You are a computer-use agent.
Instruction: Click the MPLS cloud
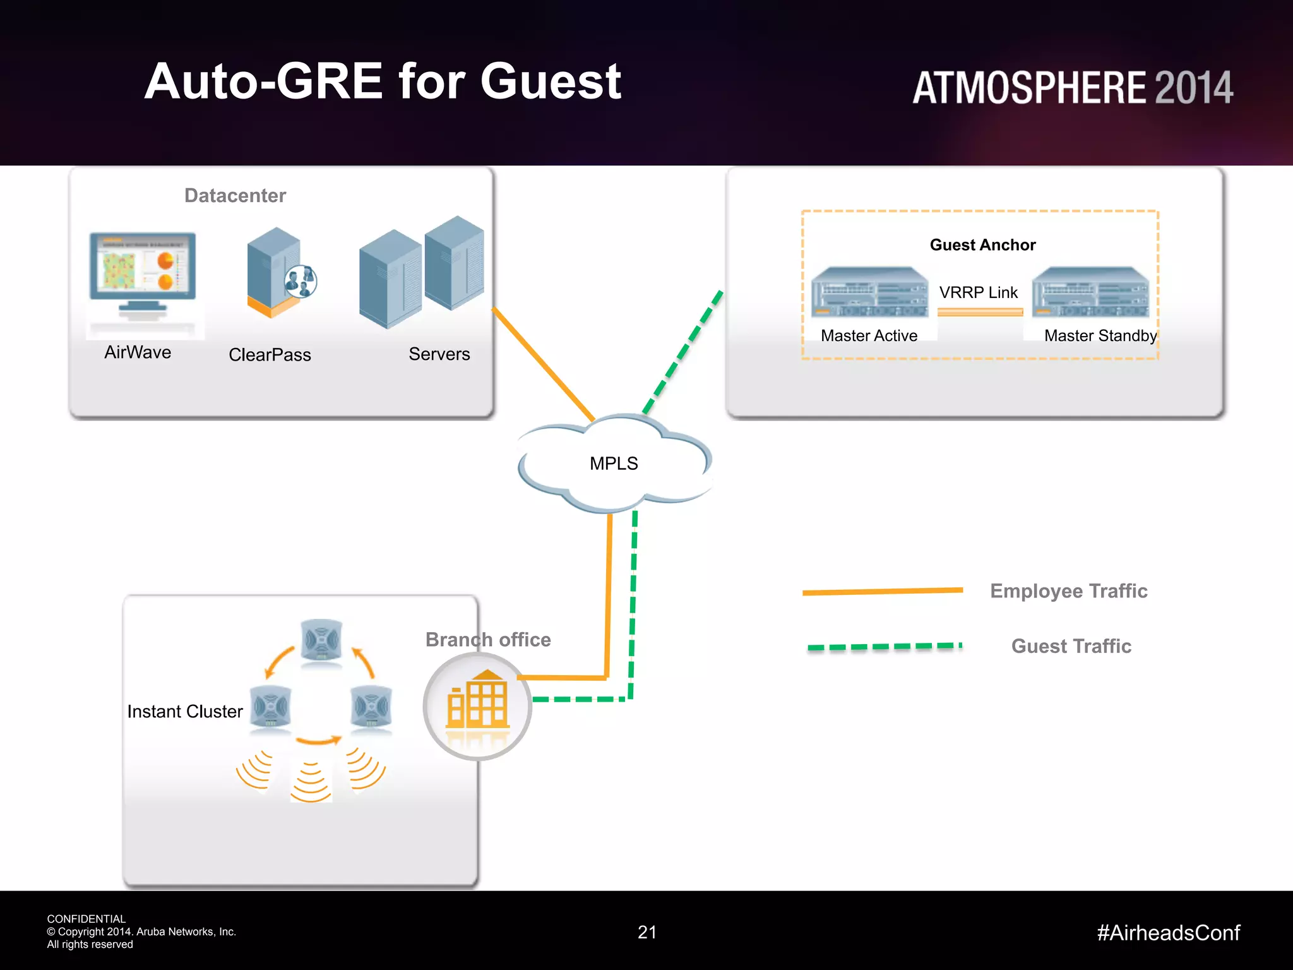[614, 464]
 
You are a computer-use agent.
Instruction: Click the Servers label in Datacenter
[439, 354]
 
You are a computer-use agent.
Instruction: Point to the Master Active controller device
[869, 292]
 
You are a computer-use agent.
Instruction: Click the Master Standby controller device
[1090, 292]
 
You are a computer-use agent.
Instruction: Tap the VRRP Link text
[978, 292]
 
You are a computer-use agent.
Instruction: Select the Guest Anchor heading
[982, 245]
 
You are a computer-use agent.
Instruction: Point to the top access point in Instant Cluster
[321, 640]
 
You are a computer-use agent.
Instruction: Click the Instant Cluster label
[185, 712]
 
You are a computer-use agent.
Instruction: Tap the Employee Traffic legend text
[1068, 591]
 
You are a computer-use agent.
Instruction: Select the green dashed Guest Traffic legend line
[884, 647]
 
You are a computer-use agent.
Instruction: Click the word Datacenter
[235, 196]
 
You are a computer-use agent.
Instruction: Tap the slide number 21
[647, 932]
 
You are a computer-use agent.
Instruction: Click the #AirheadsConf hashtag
[1168, 933]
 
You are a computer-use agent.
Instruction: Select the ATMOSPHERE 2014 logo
[1072, 88]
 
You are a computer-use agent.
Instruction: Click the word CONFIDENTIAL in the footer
[86, 919]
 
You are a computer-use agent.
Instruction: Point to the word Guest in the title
[551, 81]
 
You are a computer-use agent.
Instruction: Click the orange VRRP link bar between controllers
[980, 312]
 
